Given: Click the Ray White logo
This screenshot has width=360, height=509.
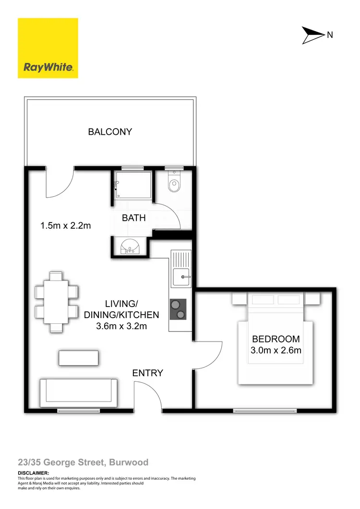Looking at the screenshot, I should (48, 48).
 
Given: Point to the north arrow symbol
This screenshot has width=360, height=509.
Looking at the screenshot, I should (312, 35).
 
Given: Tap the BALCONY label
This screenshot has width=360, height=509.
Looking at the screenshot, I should (110, 131).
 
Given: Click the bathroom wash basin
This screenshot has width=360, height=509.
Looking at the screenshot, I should (130, 247).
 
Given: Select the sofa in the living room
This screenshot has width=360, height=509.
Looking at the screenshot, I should (79, 391).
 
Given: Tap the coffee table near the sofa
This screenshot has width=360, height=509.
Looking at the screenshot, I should (79, 358).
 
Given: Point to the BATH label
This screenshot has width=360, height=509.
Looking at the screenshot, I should (134, 218).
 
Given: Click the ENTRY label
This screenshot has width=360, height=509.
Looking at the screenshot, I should (148, 373).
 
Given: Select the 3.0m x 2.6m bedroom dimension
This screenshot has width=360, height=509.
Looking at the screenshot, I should (276, 350).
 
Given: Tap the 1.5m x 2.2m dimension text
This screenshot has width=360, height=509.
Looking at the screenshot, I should (66, 225).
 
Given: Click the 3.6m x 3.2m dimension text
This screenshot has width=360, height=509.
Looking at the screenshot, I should (121, 327).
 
